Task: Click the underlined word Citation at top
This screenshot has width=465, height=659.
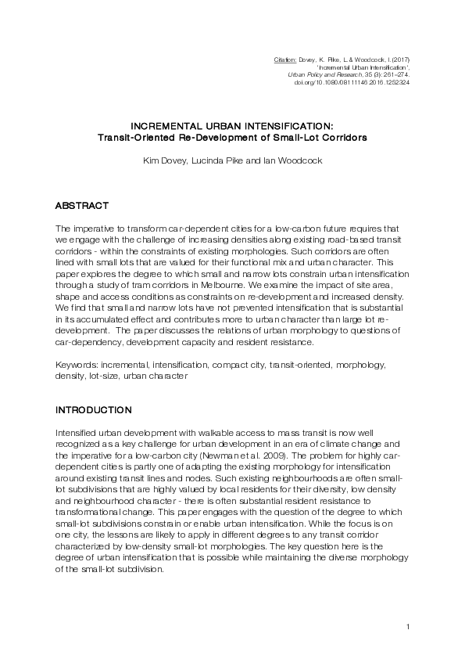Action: click(x=286, y=59)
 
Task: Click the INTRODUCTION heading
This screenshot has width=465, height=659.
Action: click(x=93, y=409)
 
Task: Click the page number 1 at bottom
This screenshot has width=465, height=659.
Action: click(x=409, y=626)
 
